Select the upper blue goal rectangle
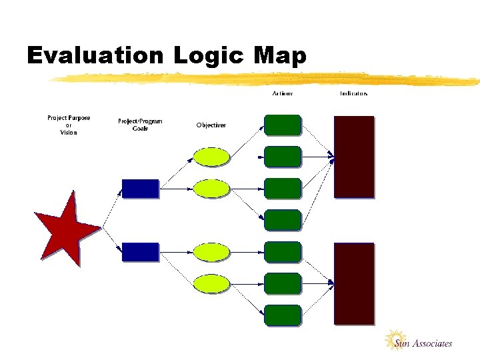click(x=141, y=189)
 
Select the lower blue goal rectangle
click(x=141, y=251)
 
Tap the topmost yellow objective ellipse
click(x=211, y=156)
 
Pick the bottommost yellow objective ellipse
click(x=211, y=284)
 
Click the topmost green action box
click(x=283, y=125)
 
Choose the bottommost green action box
click(x=283, y=315)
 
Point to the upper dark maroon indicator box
click(x=354, y=157)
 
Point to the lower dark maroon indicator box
click(x=354, y=283)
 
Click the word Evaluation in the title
click(x=95, y=56)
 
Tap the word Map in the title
click(x=279, y=56)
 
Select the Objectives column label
click(x=211, y=125)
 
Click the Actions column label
click(x=283, y=93)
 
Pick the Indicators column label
click(x=353, y=93)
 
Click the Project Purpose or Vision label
click(x=69, y=125)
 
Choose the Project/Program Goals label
click(x=140, y=125)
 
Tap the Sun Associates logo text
click(x=423, y=344)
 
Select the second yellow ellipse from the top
click(x=211, y=189)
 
